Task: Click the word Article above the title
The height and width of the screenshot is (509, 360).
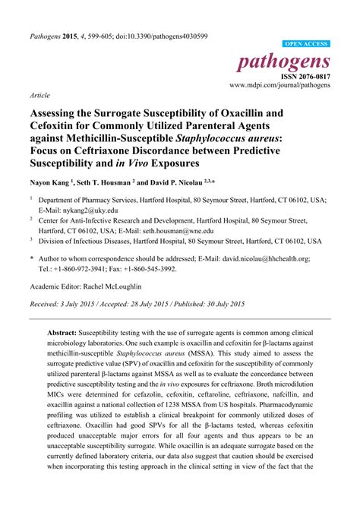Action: (39, 96)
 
